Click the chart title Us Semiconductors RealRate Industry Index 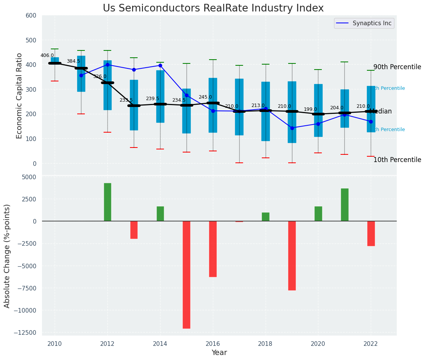[213, 8]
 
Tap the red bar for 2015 [187, 274]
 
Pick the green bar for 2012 [107, 202]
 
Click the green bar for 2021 [344, 204]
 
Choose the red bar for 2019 [292, 255]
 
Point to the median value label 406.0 [47, 55]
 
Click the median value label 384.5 [73, 61]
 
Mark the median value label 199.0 [310, 109]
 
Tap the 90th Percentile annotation [397, 67]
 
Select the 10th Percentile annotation [397, 160]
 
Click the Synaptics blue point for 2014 [160, 65]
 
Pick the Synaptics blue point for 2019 [292, 128]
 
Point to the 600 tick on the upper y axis [31, 16]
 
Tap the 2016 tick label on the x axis [213, 344]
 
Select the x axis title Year [219, 353]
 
